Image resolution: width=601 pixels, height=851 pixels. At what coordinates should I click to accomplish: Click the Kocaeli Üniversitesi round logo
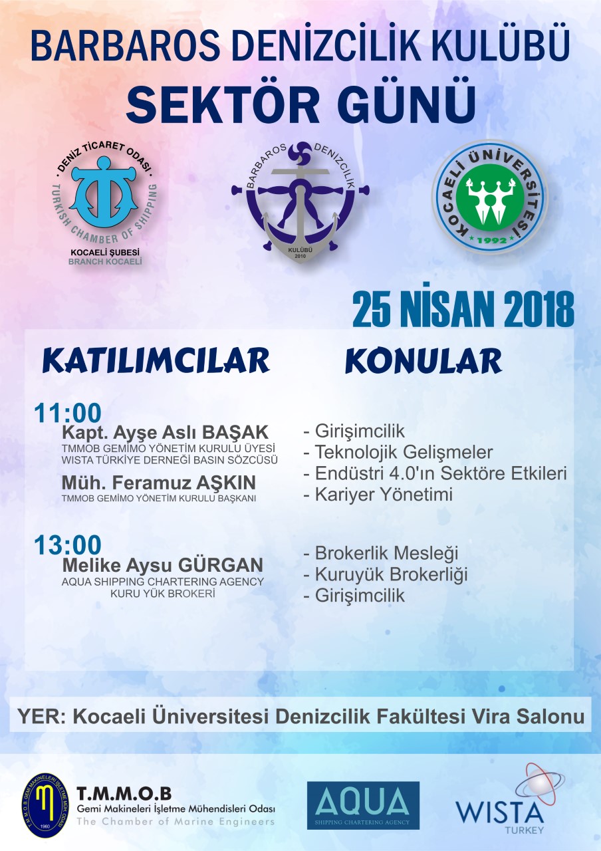[490, 197]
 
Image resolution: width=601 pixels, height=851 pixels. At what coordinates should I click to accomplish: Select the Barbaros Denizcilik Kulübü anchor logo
[300, 201]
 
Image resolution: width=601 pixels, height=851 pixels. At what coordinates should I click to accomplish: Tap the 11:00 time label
[68, 413]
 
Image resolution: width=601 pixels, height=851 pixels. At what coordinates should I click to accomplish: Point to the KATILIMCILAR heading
[156, 360]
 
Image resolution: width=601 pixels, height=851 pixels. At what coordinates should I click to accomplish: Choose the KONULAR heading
[423, 360]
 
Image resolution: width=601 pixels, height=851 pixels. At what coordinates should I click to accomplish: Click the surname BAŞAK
[235, 432]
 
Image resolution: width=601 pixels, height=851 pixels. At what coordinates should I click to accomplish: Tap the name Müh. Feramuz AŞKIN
[159, 483]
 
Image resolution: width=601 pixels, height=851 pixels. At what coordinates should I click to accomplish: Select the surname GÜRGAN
[221, 564]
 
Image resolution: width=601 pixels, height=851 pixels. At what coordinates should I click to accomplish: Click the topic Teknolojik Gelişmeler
[404, 451]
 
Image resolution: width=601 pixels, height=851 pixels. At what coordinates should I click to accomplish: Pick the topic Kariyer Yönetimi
[384, 494]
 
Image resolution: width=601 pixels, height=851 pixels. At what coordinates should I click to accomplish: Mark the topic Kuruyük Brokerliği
[391, 574]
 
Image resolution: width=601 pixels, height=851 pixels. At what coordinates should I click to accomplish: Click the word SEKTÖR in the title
[223, 104]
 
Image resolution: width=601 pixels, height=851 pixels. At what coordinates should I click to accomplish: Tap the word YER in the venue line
[39, 717]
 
